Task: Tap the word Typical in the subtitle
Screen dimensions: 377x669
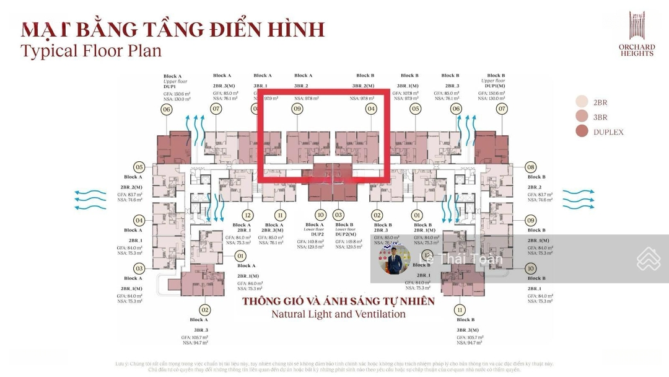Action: (x=48, y=51)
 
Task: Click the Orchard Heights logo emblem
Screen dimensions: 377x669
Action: (x=637, y=26)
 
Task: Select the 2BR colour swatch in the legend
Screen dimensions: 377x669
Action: (x=582, y=102)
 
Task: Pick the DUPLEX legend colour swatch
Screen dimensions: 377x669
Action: (x=582, y=131)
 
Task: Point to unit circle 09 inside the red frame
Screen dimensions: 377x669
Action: (x=298, y=109)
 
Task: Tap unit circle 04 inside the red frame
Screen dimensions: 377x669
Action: (x=371, y=109)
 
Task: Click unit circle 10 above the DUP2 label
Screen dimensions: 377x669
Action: (x=320, y=215)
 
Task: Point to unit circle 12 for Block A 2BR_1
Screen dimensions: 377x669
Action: (x=248, y=215)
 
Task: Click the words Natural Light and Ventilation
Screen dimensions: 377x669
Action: (x=338, y=314)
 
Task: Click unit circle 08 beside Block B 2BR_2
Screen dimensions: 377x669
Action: (x=530, y=167)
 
